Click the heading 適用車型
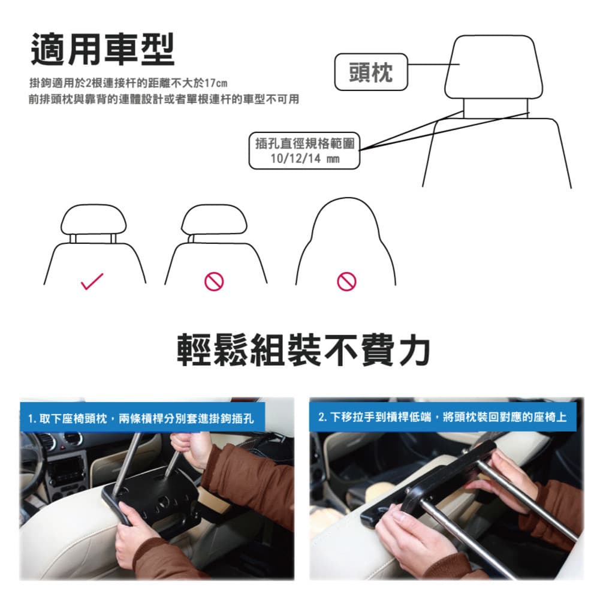coord(102,49)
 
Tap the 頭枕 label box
coord(371,72)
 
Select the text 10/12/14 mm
coord(304,158)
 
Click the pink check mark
coord(92,281)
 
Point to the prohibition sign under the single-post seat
coord(214,282)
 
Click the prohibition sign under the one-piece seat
coord(346,282)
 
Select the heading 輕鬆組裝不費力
coord(303,349)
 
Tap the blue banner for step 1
coord(142,417)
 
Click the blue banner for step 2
coord(443,417)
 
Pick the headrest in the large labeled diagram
coord(494,67)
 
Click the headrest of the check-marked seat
coord(94,219)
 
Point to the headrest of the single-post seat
coord(214,219)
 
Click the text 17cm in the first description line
coord(216,83)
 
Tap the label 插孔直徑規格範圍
coord(304,143)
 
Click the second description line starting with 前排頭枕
coord(164,100)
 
